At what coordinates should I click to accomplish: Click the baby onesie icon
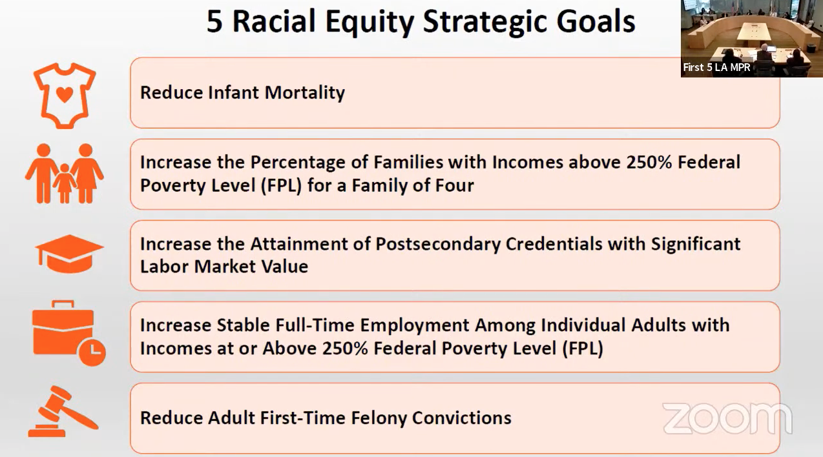65,96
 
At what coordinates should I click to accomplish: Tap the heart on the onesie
65,94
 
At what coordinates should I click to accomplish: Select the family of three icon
65,173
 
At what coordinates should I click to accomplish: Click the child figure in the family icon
65,183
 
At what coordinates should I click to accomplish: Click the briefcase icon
68,333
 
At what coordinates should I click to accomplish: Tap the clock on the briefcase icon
92,352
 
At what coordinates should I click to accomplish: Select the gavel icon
63,411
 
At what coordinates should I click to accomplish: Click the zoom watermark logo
727,418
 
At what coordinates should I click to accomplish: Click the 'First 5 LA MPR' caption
716,68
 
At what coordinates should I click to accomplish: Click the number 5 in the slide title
214,21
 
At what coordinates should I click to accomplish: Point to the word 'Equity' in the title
370,23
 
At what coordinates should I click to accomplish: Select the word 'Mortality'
304,93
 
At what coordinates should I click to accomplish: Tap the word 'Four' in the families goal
454,185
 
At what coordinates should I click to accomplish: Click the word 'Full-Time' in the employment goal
315,325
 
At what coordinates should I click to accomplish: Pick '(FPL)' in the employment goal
583,349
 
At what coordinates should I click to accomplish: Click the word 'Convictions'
461,418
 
